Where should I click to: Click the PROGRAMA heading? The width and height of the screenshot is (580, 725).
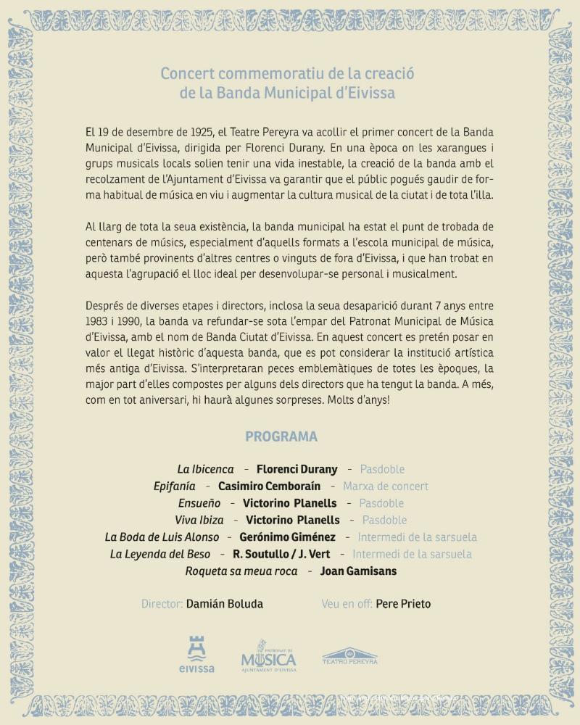point(281,436)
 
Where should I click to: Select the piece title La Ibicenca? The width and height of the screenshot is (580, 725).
point(206,469)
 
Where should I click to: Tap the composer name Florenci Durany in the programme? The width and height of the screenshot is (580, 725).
point(298,469)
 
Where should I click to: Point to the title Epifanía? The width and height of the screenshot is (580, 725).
point(175,486)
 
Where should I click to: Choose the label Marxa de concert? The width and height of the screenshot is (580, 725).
point(386,486)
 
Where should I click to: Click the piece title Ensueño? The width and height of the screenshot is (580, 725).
point(199,503)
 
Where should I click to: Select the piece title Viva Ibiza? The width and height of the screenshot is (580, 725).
point(199,520)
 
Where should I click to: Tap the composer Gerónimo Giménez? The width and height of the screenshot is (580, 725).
point(288,537)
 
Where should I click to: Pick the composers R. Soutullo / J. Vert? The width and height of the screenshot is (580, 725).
point(281,554)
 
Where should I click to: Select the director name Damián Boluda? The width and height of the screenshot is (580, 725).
point(225,604)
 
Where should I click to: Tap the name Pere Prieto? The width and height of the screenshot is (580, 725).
point(403,604)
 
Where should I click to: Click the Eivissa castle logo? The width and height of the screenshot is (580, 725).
point(196,654)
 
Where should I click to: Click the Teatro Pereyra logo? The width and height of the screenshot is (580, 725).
point(349,656)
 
